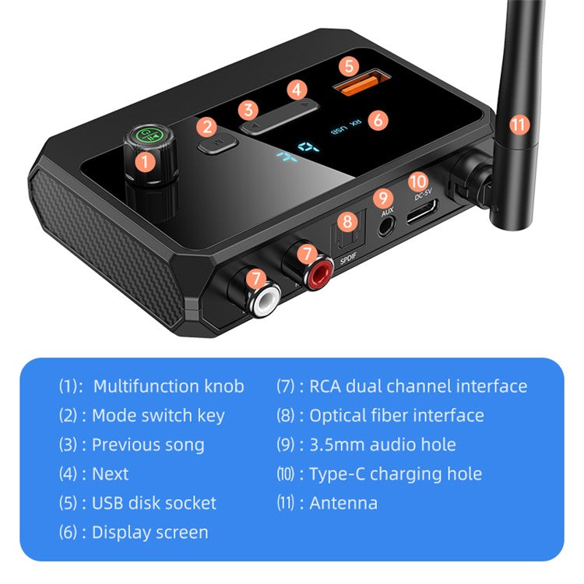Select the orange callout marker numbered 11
pos(519,124)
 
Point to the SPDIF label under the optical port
pos(348,262)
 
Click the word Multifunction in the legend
pos(146,386)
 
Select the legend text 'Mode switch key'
pos(158,416)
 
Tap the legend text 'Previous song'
pos(148,445)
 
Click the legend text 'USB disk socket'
pos(154,504)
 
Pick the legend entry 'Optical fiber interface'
pos(396,416)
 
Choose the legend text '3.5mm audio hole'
pos(382,445)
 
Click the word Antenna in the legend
pos(343,504)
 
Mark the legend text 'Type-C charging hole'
pos(396,474)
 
